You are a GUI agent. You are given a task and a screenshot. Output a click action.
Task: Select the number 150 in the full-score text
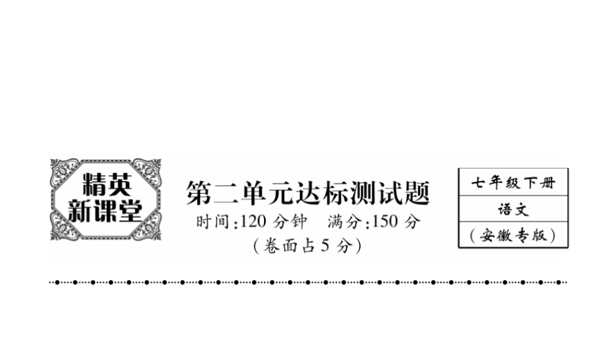click(385, 221)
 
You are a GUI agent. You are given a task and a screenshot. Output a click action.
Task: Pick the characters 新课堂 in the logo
click(106, 211)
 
